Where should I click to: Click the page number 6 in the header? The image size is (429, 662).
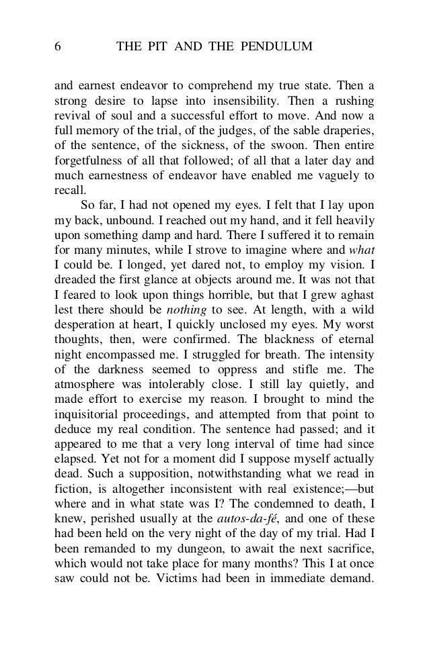[x=58, y=46]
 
